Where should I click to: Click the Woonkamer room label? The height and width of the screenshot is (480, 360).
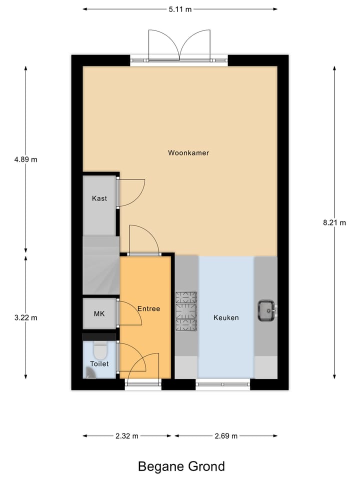coord(188,153)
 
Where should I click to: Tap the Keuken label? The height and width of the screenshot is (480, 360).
coord(226,317)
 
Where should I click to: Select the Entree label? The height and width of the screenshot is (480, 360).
coord(148,309)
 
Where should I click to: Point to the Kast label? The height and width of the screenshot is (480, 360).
coord(99,198)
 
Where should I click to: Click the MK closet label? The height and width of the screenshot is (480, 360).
coord(99,314)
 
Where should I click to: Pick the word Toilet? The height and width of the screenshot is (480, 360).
coord(99,364)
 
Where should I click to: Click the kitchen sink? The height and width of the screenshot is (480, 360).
coord(266,310)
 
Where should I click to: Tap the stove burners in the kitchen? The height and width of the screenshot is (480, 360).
coord(185,310)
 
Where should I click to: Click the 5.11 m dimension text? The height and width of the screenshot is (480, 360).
coord(180,9)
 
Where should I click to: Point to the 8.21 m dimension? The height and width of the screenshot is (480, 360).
coord(334,223)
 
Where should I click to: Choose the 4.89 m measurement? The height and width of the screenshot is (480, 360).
coord(26,160)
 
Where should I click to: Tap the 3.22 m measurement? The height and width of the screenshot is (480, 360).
coord(26,317)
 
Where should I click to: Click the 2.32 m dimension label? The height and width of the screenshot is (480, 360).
coord(127,436)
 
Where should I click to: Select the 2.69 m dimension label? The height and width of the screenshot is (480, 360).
coord(225,436)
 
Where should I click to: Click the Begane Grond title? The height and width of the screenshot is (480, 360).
coord(181,466)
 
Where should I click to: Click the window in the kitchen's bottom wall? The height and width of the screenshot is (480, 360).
coord(222,384)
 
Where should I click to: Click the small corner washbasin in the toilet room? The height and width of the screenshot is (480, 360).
coord(89,373)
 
